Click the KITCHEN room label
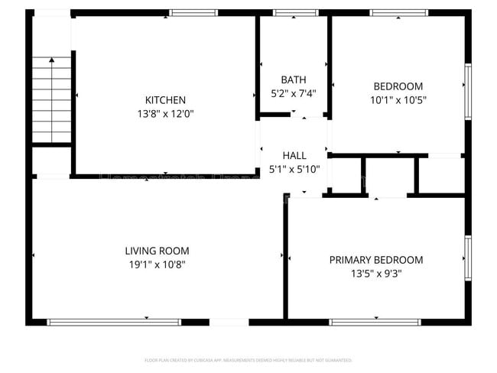point(165,100)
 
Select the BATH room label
point(294,79)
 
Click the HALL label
point(294,156)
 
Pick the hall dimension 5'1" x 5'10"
point(294,169)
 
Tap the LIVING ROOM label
point(157,251)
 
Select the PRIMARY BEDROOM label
point(375,260)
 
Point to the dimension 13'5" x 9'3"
point(375,273)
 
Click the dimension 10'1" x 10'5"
point(398,99)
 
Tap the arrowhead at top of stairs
point(51,60)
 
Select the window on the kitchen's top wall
point(193,13)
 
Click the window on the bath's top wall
point(295,13)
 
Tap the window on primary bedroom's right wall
point(468,258)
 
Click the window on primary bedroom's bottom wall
point(375,322)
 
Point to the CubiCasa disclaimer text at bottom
point(248,359)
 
